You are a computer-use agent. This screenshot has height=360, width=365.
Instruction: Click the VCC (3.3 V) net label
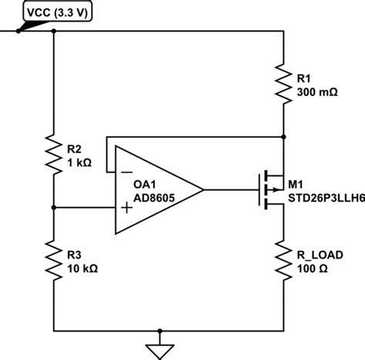[58, 12]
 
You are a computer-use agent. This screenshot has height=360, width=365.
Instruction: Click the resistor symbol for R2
[53, 155]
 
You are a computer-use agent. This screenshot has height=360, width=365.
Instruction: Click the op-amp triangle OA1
[154, 188]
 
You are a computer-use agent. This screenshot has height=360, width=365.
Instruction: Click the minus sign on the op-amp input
[126, 170]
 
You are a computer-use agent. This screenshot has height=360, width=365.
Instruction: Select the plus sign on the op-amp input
[126, 207]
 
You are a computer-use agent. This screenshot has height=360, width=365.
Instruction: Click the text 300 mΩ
[316, 91]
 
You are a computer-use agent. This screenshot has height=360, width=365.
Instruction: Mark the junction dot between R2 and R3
[53, 207]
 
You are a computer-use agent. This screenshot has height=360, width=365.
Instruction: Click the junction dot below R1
[284, 136]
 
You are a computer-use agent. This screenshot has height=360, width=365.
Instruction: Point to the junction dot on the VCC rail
[53, 32]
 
